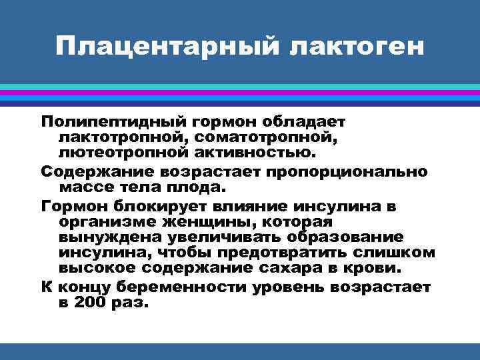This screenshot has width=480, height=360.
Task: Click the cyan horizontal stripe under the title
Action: [x=240, y=87]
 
